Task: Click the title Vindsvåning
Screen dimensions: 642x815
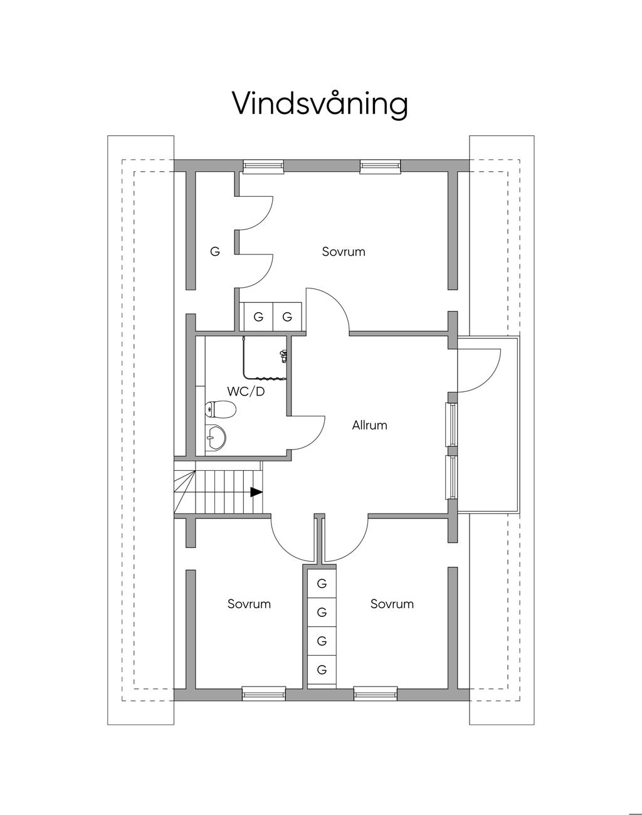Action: [320, 104]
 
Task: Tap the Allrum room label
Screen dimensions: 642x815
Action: [370, 425]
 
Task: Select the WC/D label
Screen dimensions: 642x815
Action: [246, 392]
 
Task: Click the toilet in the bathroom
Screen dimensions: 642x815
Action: [221, 409]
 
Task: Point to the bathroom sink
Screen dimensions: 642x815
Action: [215, 439]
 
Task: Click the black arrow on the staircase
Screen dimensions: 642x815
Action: [256, 492]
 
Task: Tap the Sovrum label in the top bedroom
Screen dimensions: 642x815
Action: [344, 252]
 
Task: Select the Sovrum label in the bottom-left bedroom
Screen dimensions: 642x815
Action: [249, 604]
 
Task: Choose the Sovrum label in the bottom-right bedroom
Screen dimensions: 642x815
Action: [392, 604]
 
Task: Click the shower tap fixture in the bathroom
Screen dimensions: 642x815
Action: [283, 355]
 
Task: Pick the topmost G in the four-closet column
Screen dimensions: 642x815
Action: [322, 584]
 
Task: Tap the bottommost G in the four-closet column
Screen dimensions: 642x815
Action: [322, 670]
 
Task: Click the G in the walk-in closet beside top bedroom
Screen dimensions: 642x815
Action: [215, 251]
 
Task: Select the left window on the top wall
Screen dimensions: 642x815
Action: [263, 166]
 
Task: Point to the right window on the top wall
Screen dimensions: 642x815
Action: [381, 166]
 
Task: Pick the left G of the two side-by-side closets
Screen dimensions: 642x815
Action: [258, 317]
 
